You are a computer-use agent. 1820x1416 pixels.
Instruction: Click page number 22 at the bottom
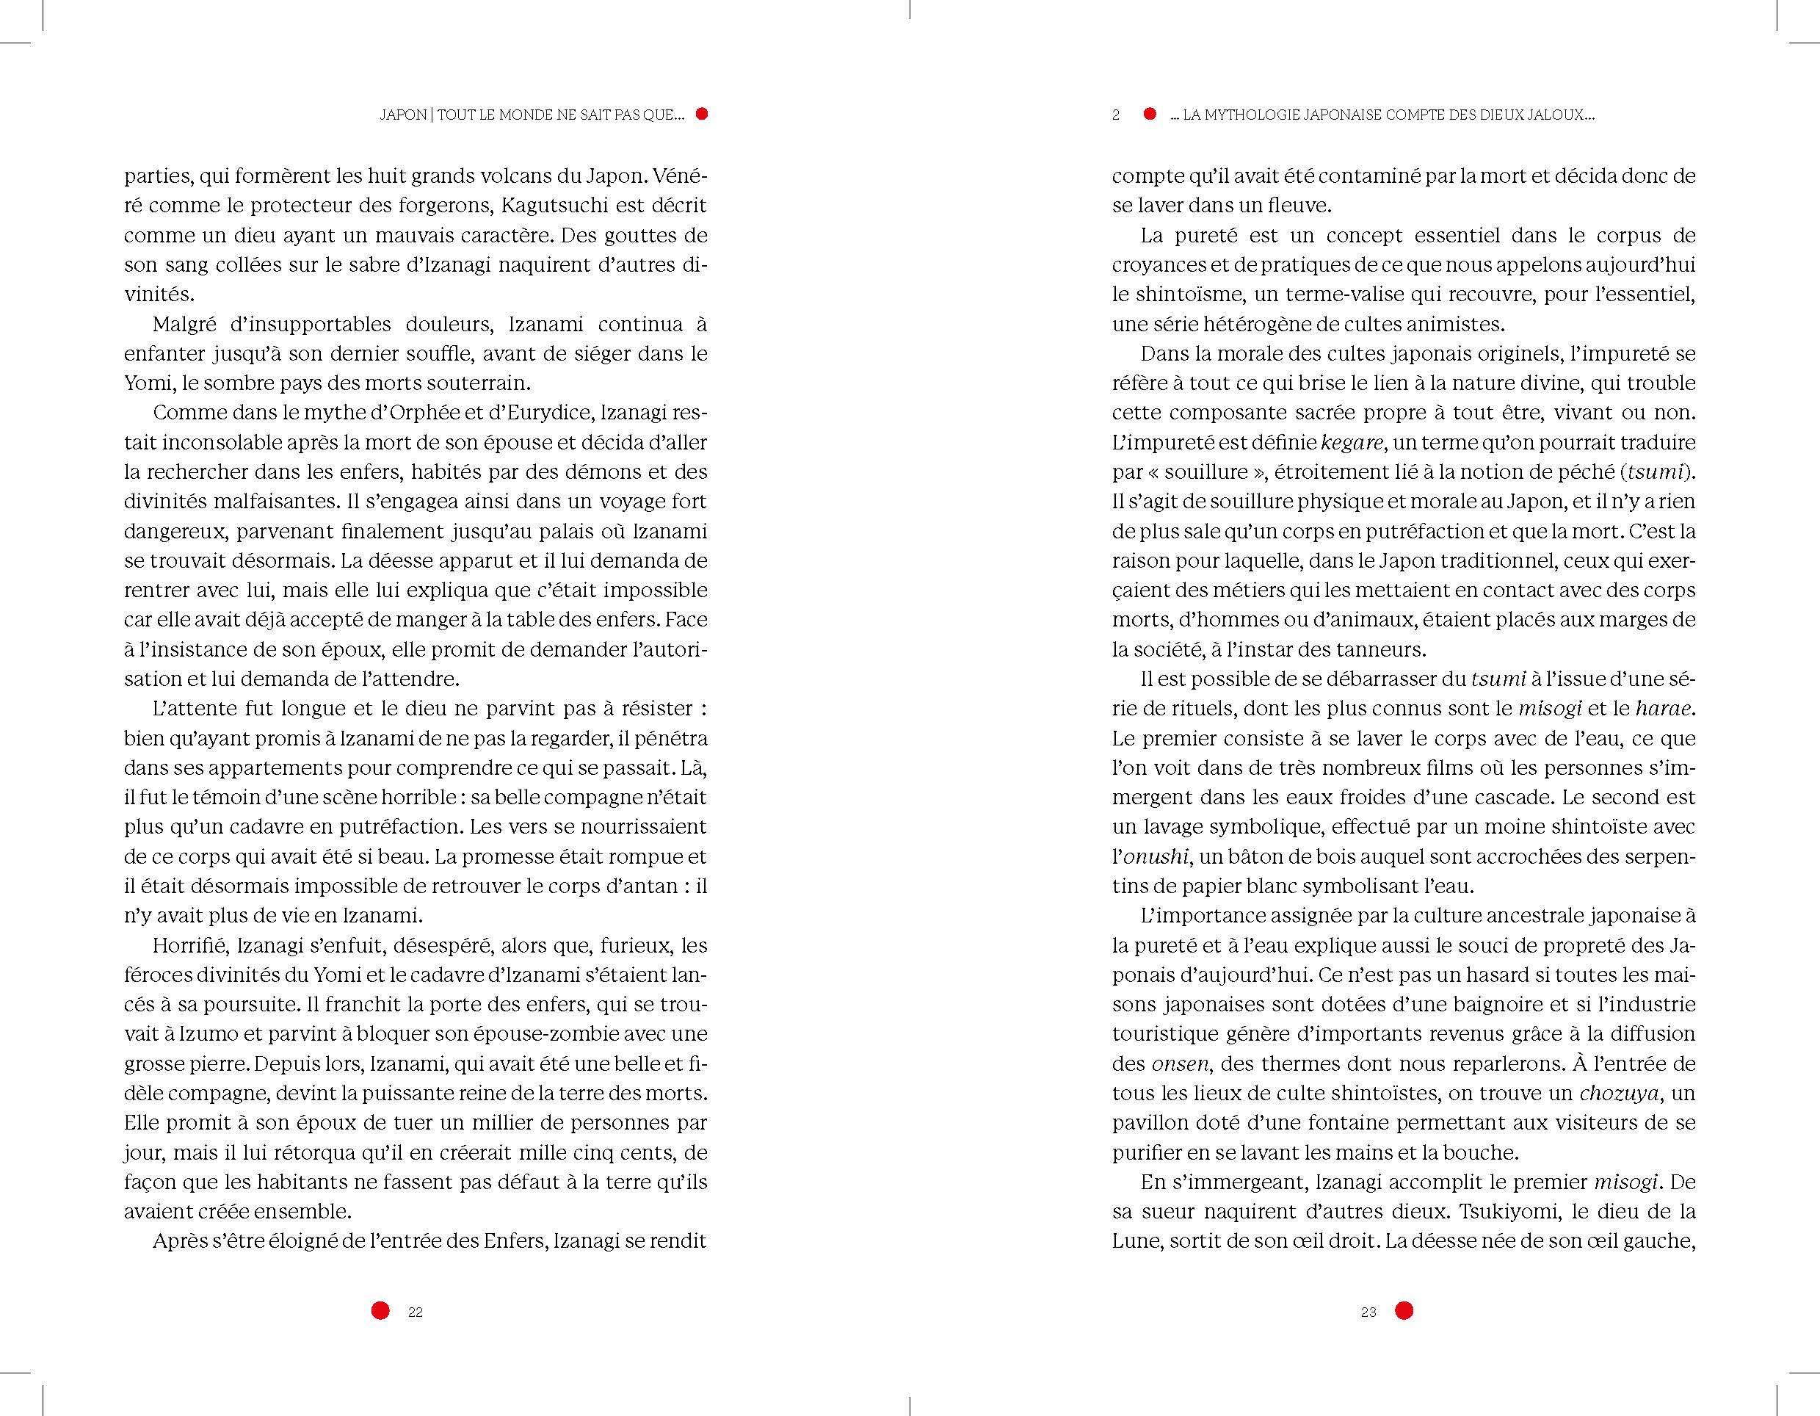click(x=415, y=1312)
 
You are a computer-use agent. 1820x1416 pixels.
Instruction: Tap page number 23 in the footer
click(x=1368, y=1312)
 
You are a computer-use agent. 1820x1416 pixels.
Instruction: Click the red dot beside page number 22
click(x=380, y=1311)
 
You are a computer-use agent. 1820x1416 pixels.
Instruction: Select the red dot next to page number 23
click(x=1404, y=1311)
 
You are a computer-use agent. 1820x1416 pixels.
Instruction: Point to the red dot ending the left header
click(x=702, y=114)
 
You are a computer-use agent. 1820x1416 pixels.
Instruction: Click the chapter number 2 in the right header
click(x=1116, y=115)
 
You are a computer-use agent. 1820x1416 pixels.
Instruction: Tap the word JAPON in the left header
click(x=402, y=115)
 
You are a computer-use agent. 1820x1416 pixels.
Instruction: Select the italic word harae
click(x=1664, y=709)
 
